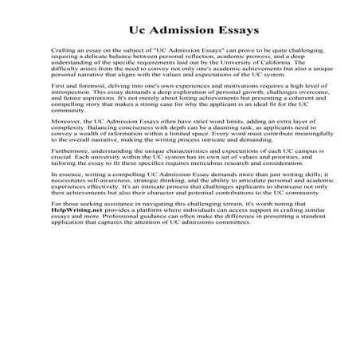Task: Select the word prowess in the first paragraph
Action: [254, 68]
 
